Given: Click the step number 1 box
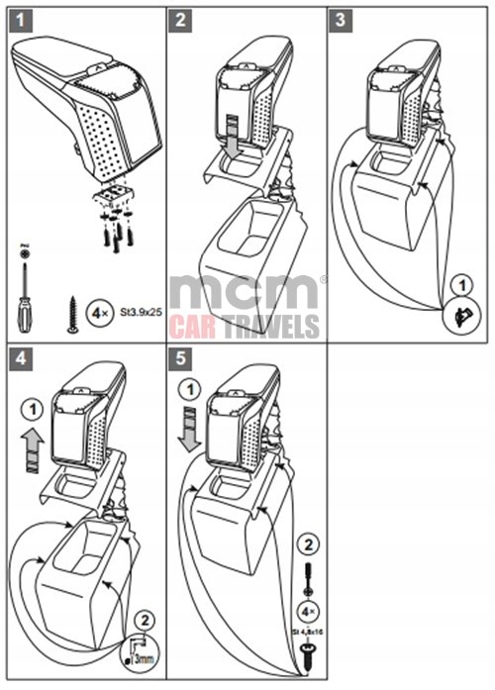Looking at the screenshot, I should (x=19, y=19).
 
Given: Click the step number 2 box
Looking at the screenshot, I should (x=181, y=19).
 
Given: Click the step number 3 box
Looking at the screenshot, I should (x=344, y=19).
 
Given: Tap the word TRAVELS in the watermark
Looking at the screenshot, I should (x=271, y=327).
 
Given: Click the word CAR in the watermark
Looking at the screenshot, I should (x=194, y=327).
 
